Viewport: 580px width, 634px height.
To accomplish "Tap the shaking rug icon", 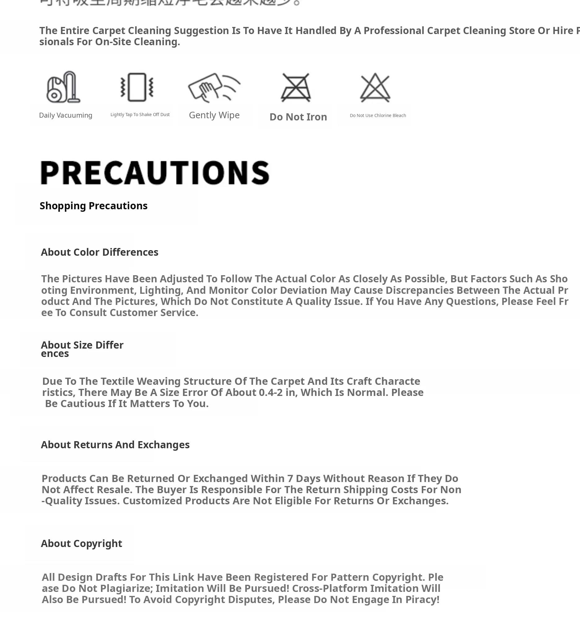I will coord(137,87).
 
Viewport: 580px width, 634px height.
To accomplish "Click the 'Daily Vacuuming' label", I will coord(65,115).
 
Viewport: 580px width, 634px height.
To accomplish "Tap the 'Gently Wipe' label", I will coord(214,115).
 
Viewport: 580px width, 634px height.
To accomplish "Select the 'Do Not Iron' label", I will coord(298,117).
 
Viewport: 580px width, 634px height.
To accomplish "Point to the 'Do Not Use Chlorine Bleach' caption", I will coord(378,115).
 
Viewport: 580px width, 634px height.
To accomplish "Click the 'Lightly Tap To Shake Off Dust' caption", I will coord(140,115).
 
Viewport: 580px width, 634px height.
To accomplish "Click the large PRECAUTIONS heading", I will coord(155,173).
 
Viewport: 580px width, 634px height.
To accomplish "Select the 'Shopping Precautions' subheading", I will coord(94,206).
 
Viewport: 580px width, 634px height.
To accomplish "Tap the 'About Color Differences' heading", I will coord(99,252).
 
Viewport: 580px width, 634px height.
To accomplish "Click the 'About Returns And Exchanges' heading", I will coord(115,445).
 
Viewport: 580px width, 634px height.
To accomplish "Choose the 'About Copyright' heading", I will coord(81,543).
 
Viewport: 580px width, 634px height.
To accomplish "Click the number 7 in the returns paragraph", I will coord(290,478).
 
